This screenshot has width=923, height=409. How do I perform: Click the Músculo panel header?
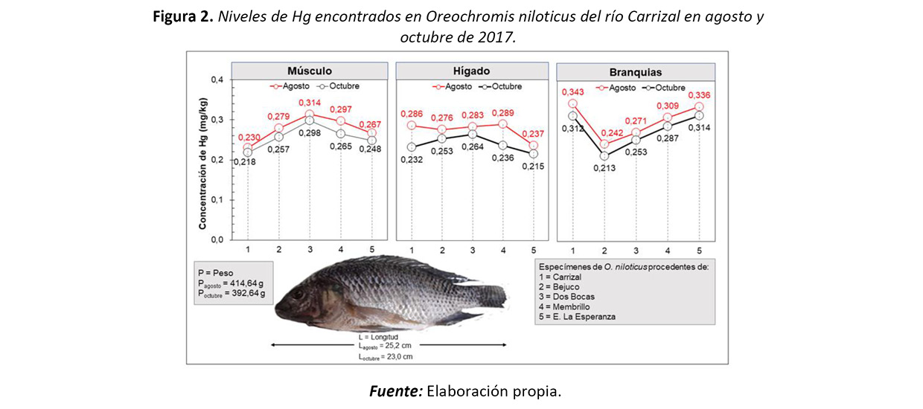pyautogui.click(x=310, y=71)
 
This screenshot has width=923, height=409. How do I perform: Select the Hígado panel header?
pyautogui.click(x=472, y=71)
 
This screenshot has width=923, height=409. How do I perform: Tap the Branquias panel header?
pyautogui.click(x=635, y=72)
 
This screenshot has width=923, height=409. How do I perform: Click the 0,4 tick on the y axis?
pyautogui.click(x=217, y=80)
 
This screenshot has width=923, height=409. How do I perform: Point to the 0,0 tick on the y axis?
pyautogui.click(x=217, y=239)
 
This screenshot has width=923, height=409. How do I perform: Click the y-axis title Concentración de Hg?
pyautogui.click(x=202, y=160)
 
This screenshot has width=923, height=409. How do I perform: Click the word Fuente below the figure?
pyautogui.click(x=395, y=390)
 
